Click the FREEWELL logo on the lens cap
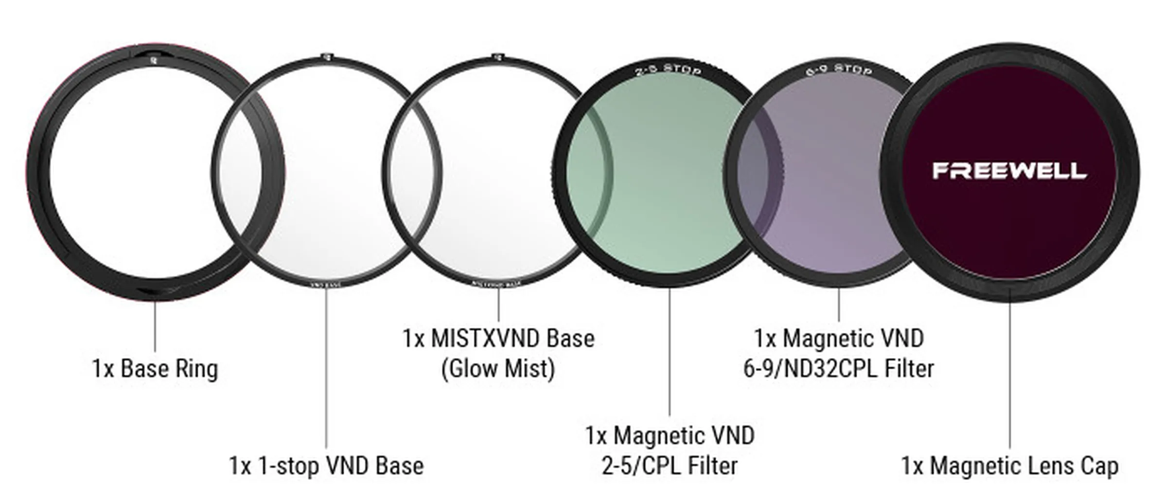tap(1009, 171)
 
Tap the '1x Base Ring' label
tap(155, 369)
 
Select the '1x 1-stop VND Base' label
tap(326, 466)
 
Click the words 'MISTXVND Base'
tap(512, 339)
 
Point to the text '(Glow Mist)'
tap(498, 369)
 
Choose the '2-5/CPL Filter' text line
tap(670, 466)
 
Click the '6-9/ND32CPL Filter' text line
tap(838, 369)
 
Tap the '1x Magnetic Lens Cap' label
tap(1009, 466)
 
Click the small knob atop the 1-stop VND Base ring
tap(326, 56)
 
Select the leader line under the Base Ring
tap(155, 326)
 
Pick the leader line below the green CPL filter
tap(670, 350)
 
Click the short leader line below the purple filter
tap(839, 304)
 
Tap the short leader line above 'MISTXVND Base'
tap(498, 304)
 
